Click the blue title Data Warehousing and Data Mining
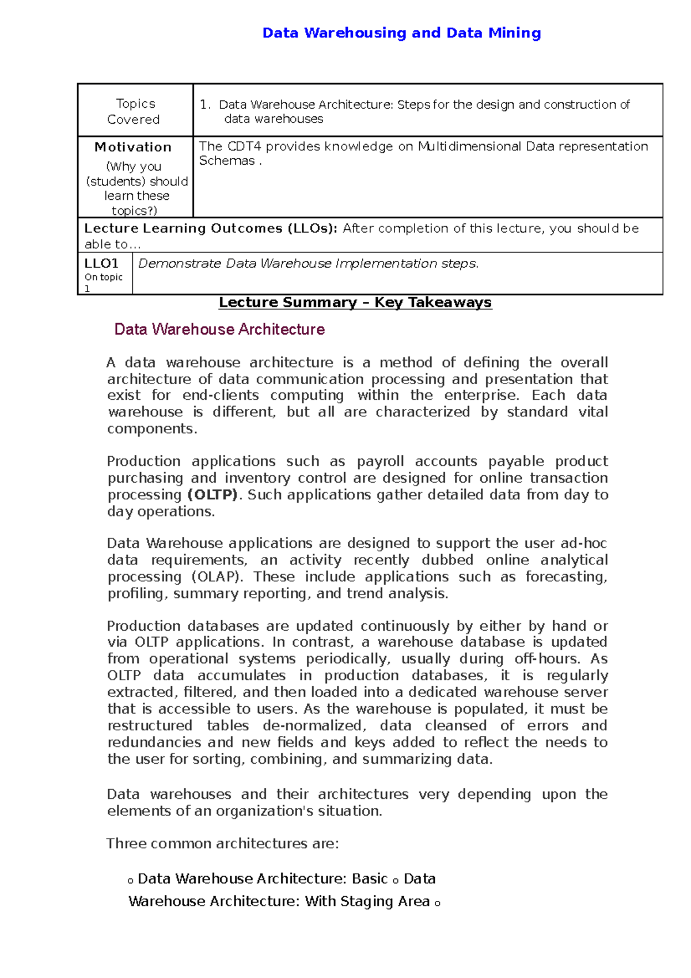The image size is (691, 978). pyautogui.click(x=401, y=33)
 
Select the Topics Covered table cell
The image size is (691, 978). pyautogui.click(x=135, y=111)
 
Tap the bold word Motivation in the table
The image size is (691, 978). pyautogui.click(x=133, y=147)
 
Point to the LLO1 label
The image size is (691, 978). pyautogui.click(x=101, y=263)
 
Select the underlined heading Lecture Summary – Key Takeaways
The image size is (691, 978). pyautogui.click(x=355, y=302)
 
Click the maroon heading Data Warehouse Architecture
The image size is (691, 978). pyautogui.click(x=219, y=329)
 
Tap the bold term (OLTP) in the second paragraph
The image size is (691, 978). pyautogui.click(x=212, y=495)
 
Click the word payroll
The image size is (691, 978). pyautogui.click(x=380, y=461)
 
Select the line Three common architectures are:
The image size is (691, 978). pyautogui.click(x=223, y=844)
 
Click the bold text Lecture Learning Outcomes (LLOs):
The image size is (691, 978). pyautogui.click(x=211, y=228)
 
